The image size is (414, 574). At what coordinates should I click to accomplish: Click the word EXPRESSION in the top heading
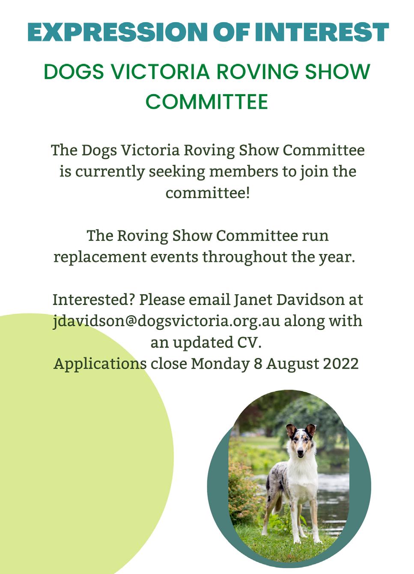pyautogui.click(x=117, y=32)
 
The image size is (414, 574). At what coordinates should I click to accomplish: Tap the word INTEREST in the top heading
pyautogui.click(x=322, y=32)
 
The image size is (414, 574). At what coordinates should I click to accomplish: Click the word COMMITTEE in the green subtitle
pyautogui.click(x=207, y=102)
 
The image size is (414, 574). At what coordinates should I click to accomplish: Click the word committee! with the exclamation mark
pyautogui.click(x=207, y=192)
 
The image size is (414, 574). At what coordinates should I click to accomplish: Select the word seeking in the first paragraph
pyautogui.click(x=177, y=172)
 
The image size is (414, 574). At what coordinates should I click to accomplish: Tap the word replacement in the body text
pyautogui.click(x=100, y=257)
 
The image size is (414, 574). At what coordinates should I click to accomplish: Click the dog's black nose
pyautogui.click(x=301, y=456)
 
